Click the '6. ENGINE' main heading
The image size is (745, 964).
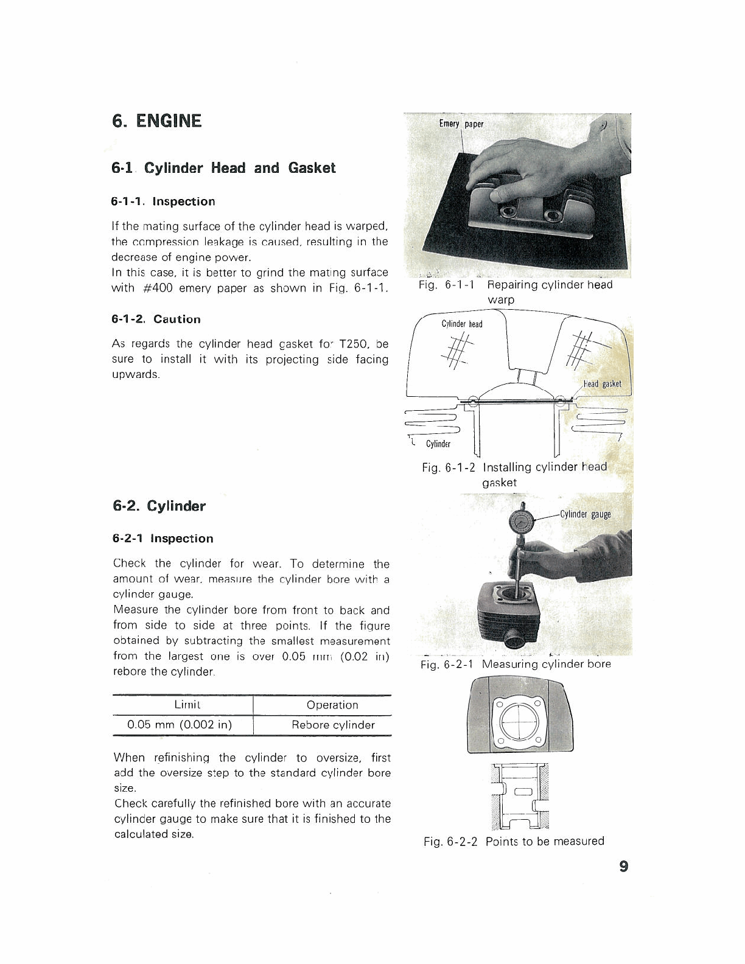click(156, 120)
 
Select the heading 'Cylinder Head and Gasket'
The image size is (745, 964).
click(223, 168)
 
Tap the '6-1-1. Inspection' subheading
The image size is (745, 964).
click(163, 201)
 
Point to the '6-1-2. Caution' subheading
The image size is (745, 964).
click(156, 319)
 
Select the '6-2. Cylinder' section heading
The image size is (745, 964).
click(159, 506)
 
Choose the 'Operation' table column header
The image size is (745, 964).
click(332, 705)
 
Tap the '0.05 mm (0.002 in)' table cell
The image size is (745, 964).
click(180, 725)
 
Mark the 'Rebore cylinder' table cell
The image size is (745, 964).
click(333, 725)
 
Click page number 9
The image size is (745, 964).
click(623, 866)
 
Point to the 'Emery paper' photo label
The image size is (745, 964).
click(461, 124)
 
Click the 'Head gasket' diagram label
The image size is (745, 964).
click(602, 384)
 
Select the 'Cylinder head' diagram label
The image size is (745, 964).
click(462, 324)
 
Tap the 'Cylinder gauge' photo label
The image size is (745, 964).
click(585, 514)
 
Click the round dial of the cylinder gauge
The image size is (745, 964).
click(521, 522)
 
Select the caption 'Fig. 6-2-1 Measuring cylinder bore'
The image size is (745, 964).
click(516, 664)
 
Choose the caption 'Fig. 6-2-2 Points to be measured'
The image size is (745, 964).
click(514, 841)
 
